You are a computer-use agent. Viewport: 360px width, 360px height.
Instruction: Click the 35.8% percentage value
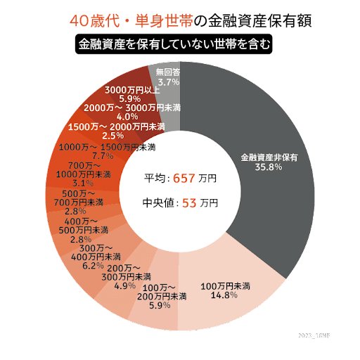click(269, 167)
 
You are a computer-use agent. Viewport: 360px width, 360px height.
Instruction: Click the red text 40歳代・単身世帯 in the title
click(124, 21)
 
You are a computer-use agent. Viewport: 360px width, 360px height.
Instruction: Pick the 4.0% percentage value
click(127, 116)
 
